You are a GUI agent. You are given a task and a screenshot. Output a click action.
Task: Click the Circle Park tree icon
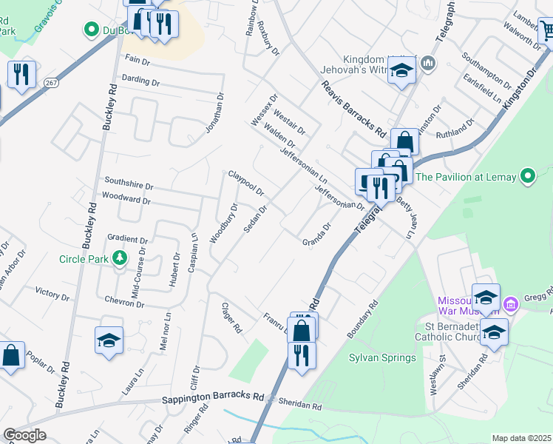pyautogui.click(x=118, y=258)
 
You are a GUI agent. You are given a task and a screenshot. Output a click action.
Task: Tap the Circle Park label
pyautogui.click(x=84, y=259)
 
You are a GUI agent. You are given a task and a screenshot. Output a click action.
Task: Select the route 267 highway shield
pyautogui.click(x=51, y=81)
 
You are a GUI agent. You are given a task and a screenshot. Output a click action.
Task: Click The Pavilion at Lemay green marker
pyautogui.click(x=527, y=177)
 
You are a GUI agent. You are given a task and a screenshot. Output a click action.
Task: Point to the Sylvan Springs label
pyautogui.click(x=382, y=357)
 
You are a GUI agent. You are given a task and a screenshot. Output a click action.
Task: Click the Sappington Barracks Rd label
pyautogui.click(x=213, y=398)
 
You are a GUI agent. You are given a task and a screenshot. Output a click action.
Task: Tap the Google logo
pyautogui.click(x=24, y=435)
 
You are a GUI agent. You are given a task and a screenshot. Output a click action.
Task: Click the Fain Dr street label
pyautogui.click(x=138, y=58)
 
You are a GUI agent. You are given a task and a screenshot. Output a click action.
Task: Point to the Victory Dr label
pyautogui.click(x=52, y=294)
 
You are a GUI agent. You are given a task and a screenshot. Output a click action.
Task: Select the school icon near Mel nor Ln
pyautogui.click(x=109, y=340)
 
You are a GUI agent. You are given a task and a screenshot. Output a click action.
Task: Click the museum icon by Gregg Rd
pyautogui.click(x=510, y=304)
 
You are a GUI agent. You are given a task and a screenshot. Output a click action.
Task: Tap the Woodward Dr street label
pyautogui.click(x=126, y=199)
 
